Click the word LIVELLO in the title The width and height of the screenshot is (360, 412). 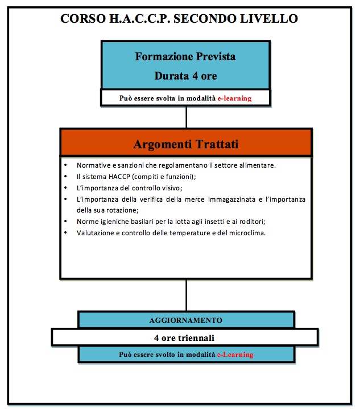(x=270, y=19)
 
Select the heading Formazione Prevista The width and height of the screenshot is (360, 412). (x=185, y=57)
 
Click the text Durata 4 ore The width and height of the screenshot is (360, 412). (x=185, y=75)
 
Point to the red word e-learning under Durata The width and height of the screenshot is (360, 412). (x=235, y=98)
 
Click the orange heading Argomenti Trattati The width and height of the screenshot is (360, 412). (x=186, y=144)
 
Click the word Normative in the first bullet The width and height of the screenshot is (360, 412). (x=94, y=165)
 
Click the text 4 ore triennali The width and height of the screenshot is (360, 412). (x=185, y=338)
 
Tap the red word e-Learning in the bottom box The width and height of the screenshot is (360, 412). (x=235, y=355)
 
